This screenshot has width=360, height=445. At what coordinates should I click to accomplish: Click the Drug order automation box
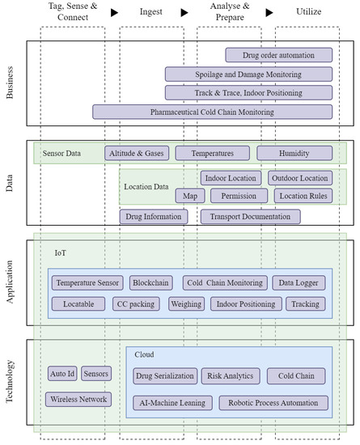tap(280, 55)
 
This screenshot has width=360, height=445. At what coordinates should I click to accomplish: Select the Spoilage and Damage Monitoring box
tap(250, 74)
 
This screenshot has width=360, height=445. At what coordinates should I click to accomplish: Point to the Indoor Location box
tap(231, 178)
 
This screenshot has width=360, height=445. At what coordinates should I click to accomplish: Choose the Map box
tap(190, 196)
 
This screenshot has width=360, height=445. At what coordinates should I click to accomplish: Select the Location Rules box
tap(302, 196)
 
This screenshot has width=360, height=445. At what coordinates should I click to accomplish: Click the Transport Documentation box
tap(250, 217)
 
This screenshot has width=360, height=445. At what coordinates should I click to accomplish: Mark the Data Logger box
tap(299, 283)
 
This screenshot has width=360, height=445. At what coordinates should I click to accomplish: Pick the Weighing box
tap(186, 304)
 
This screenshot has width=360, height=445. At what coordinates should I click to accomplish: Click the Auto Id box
tap(61, 374)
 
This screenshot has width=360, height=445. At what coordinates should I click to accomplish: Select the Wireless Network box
tap(78, 400)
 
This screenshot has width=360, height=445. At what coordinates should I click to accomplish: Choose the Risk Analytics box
tap(231, 376)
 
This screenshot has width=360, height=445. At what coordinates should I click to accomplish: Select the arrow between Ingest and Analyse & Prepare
tap(184, 12)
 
